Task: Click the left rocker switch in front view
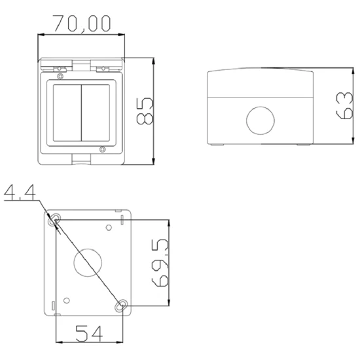pos(67,112)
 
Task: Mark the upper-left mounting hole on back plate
pos(57,218)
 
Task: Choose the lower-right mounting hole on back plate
pos(121,305)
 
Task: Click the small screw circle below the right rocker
pos(101,150)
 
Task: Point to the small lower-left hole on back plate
pos(67,300)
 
